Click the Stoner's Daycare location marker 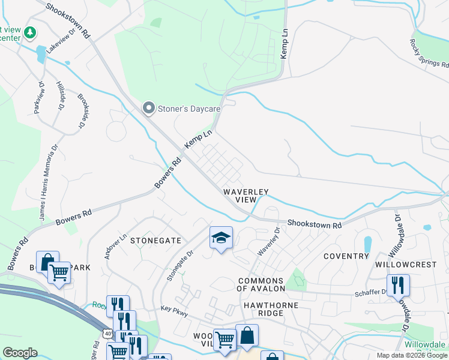click(148, 109)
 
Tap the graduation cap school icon click(221, 238)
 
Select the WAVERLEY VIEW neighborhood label click(245, 196)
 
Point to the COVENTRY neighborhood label click(346, 256)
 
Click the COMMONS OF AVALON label click(261, 285)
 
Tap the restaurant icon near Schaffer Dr click(398, 286)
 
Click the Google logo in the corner click(20, 353)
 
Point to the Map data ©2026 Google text click(411, 355)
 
